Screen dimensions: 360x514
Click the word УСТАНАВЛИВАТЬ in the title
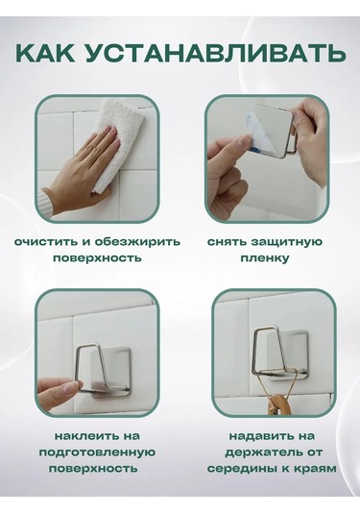[x=217, y=52]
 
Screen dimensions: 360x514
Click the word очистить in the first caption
[x=45, y=242]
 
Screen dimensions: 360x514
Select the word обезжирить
[x=137, y=242]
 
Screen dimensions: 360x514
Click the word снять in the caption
[x=227, y=242]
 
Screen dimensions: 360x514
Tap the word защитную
[x=286, y=242]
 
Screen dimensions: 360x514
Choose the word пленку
[x=265, y=258]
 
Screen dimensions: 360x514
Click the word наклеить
[x=87, y=436]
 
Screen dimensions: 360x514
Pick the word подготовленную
[x=97, y=453]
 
